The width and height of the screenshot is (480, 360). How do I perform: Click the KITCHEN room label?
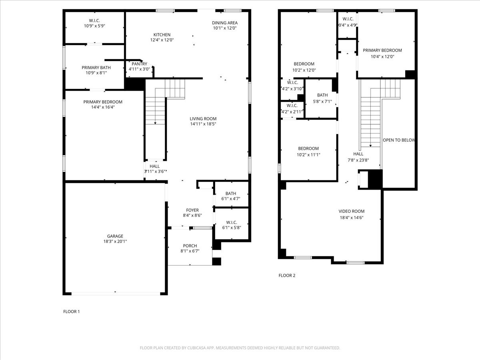point(162,35)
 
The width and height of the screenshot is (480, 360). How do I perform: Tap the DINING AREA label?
point(225,23)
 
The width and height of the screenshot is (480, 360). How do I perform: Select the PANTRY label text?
point(139,64)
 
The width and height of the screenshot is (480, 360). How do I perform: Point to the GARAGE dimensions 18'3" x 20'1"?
point(115,241)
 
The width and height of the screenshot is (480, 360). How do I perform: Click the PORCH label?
point(190,246)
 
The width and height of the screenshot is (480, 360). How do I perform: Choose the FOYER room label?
point(192,210)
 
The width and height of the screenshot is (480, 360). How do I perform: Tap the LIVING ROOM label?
point(203,119)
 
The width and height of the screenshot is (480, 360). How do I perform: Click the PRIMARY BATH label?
point(94,68)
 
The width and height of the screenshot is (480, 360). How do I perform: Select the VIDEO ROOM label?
point(352,211)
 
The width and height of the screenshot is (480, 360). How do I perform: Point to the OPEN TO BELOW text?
point(399,140)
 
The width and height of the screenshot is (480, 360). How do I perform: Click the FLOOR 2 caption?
point(287,275)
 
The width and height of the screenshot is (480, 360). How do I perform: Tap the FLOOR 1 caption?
point(72,311)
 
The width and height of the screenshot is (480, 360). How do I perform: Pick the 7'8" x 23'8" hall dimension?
point(358,160)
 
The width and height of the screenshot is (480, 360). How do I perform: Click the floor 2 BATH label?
point(322,95)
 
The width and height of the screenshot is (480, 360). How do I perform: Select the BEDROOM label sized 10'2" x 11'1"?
point(308,148)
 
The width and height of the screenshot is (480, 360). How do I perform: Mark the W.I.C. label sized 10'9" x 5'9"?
point(94,20)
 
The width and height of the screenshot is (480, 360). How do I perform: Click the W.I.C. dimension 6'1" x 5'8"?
point(232,228)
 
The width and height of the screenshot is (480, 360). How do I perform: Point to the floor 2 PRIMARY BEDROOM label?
point(382,50)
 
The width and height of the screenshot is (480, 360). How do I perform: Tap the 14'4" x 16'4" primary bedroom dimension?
point(103,107)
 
